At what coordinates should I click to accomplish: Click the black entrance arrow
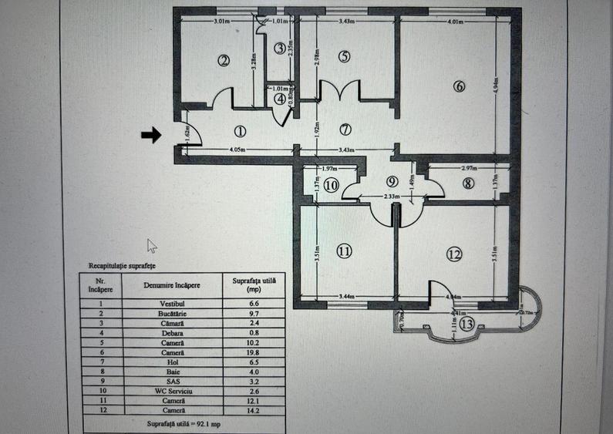tap(151, 135)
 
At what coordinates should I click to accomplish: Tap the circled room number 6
tap(460, 86)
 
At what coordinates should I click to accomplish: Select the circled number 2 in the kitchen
tap(224, 61)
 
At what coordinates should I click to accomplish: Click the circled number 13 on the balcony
tap(466, 325)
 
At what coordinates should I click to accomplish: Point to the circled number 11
tap(344, 251)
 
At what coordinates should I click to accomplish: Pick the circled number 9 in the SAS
tap(392, 182)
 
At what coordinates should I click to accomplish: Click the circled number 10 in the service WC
tap(331, 185)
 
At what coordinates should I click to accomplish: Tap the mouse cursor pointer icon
tap(152, 245)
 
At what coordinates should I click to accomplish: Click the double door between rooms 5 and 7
tap(339, 91)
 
